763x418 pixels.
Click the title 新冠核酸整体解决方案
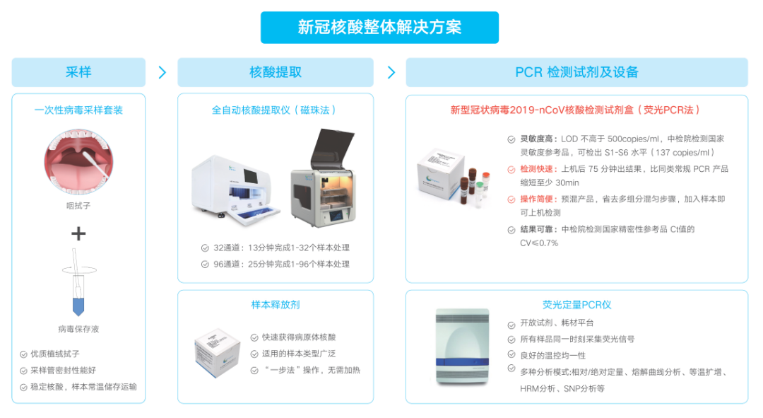(x=379, y=28)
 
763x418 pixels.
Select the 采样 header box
(x=78, y=72)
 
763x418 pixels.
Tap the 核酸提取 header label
(x=276, y=72)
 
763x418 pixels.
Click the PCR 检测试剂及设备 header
(x=576, y=72)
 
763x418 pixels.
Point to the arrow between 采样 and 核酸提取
(x=162, y=73)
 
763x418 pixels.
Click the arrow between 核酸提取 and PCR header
(x=391, y=73)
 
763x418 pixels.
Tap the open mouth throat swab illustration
(x=78, y=162)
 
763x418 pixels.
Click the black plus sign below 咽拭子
(x=78, y=234)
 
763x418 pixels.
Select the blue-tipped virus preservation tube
(x=78, y=284)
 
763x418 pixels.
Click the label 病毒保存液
(x=78, y=329)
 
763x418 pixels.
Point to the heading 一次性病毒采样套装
(x=78, y=110)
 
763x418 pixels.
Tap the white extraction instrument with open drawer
(x=236, y=190)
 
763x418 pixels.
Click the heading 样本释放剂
(x=276, y=305)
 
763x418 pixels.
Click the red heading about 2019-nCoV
(x=574, y=110)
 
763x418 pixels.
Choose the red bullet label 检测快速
(x=538, y=169)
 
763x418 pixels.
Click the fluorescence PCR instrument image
(x=462, y=347)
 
